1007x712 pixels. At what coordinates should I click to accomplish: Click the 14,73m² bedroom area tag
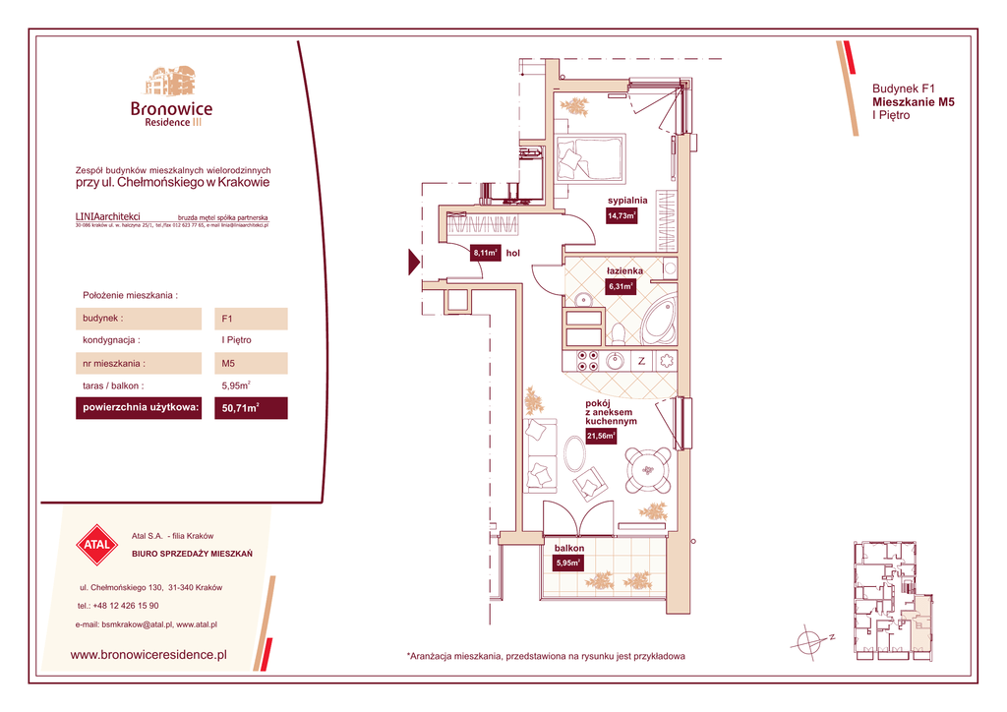point(622,216)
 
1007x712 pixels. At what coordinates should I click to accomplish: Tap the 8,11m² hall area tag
point(486,253)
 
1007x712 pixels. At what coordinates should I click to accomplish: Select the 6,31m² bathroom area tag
point(621,287)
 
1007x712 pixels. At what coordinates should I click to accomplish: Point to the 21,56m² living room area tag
point(601,436)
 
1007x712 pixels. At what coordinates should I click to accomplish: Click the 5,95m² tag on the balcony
point(568,564)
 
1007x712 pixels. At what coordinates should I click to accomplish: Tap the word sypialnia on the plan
point(626,200)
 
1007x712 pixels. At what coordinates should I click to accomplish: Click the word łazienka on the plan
point(624,270)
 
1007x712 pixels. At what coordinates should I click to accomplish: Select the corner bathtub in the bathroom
point(658,321)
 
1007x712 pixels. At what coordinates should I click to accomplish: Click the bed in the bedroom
point(589,157)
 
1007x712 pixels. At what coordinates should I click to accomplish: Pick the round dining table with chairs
point(648,470)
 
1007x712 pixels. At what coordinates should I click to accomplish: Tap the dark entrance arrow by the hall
point(413,263)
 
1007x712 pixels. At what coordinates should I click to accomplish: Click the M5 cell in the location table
point(251,363)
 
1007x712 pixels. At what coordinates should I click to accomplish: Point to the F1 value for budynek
point(251,319)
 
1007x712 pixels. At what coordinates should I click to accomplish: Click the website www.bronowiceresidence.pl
point(149,653)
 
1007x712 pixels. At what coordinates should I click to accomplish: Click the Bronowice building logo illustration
point(171,83)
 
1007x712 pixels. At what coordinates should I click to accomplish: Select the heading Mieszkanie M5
point(914,101)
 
